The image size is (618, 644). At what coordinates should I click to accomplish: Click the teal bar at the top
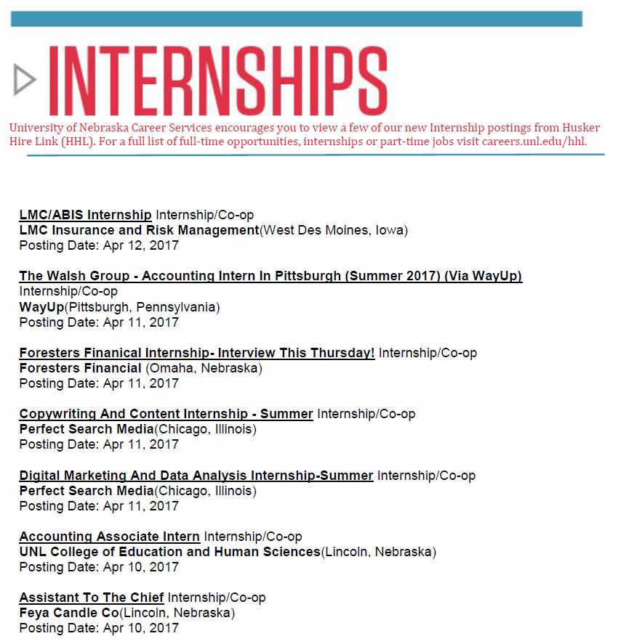pyautogui.click(x=297, y=19)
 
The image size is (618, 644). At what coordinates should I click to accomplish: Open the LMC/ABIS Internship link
pyautogui.click(x=85, y=215)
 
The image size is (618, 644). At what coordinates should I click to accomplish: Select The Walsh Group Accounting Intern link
pyautogui.click(x=270, y=276)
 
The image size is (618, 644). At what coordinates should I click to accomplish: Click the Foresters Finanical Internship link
pyautogui.click(x=196, y=353)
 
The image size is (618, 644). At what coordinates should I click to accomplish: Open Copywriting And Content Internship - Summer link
pyautogui.click(x=166, y=414)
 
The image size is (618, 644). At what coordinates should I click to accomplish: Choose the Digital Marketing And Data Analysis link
pyautogui.click(x=196, y=476)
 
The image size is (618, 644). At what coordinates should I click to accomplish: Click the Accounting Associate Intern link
pyautogui.click(x=109, y=537)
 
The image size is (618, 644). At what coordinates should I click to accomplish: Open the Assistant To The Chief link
pyautogui.click(x=91, y=598)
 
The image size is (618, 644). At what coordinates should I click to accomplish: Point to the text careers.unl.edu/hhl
pyautogui.click(x=534, y=142)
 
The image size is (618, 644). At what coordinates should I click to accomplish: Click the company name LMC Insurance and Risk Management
pyautogui.click(x=139, y=230)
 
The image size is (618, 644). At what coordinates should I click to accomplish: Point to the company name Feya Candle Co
pyautogui.click(x=69, y=613)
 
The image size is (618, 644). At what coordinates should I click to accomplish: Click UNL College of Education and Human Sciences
pyautogui.click(x=169, y=552)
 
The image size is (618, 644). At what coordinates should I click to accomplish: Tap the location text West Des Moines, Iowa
pyautogui.click(x=334, y=230)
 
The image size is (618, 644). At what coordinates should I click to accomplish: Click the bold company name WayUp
pyautogui.click(x=41, y=307)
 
